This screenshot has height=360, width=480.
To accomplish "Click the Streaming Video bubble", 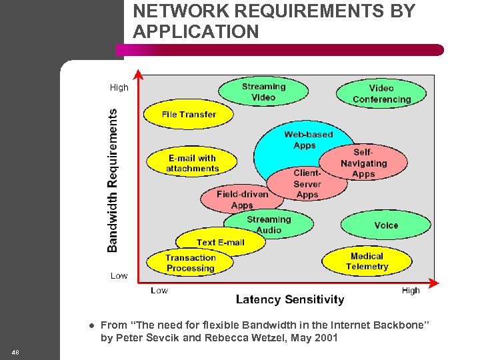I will click(x=263, y=92).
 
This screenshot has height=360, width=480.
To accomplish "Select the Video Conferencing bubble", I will click(x=381, y=94).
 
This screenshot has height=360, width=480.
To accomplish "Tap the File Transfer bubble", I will click(x=189, y=115).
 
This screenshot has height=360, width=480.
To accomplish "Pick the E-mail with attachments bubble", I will click(x=192, y=163).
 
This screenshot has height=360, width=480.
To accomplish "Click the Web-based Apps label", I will click(x=307, y=139).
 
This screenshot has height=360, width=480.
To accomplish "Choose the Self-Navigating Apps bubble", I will click(x=363, y=163).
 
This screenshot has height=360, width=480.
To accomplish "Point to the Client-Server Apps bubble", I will click(x=307, y=183).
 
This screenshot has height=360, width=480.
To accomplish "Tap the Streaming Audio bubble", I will click(x=269, y=225).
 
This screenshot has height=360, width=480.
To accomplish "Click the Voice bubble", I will click(x=386, y=225).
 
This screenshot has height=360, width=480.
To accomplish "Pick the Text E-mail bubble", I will click(x=220, y=242).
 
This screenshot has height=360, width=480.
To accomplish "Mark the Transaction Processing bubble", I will click(x=191, y=263).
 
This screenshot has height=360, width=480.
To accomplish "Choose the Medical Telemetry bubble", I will click(x=367, y=261).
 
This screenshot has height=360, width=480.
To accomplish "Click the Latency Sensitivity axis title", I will click(x=290, y=300).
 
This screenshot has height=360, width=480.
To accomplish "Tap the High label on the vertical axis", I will click(x=119, y=87).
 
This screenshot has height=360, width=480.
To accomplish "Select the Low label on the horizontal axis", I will click(x=159, y=290).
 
